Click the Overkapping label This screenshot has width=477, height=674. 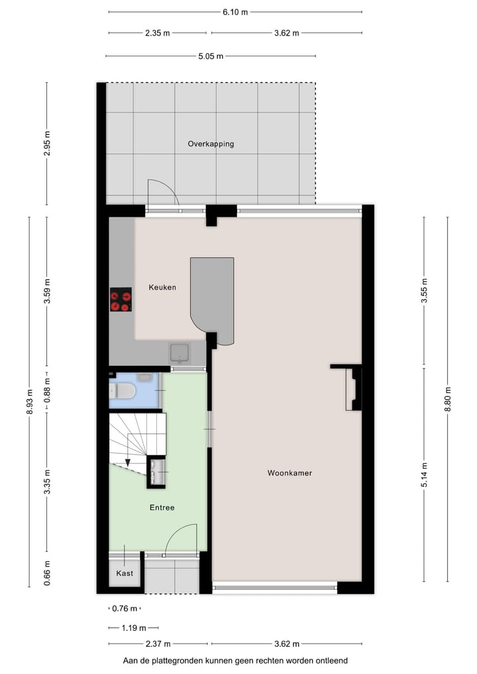pos(211,144)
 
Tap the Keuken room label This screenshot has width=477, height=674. pos(162,288)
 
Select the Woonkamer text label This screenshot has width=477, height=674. pos(290,473)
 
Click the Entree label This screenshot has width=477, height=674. pos(162,508)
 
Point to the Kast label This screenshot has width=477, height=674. pos(125,573)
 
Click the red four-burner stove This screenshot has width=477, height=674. pos(121,300)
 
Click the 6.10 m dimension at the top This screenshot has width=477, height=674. pos(235,12)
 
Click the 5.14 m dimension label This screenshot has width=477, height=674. pos(424,475)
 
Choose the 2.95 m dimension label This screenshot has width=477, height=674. pos(46,144)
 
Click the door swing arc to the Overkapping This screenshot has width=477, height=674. pos(163,192)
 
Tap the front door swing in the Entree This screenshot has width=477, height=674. pos(180,538)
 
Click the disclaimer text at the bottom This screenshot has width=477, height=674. pos(235,661)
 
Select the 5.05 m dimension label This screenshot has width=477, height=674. pos(211,56)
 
